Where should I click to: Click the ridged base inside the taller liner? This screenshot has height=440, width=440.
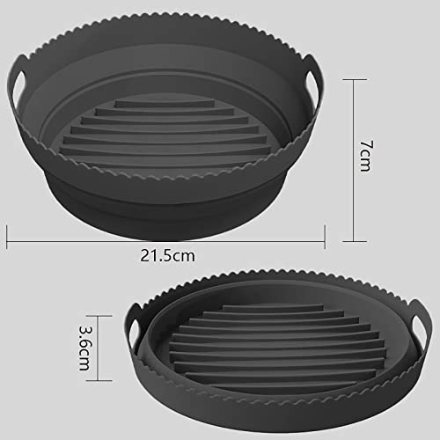(167, 132)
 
